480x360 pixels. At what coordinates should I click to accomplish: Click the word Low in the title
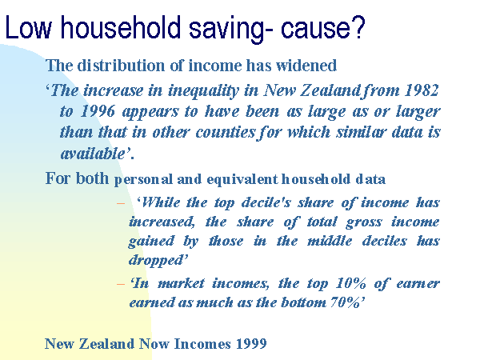click(28, 27)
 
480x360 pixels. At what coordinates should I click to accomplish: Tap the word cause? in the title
click(323, 27)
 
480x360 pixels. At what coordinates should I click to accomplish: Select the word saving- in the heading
click(230, 30)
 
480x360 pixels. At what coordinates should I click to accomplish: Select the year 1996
click(98, 111)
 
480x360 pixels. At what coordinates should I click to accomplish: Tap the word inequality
click(203, 91)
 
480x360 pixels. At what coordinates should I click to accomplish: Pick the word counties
click(225, 132)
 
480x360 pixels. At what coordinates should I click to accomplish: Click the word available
click(93, 153)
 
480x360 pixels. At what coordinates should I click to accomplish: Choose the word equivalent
click(242, 180)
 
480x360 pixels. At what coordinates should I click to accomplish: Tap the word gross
click(364, 222)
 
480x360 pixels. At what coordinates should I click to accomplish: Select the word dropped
click(156, 261)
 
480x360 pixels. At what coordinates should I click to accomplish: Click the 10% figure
click(351, 283)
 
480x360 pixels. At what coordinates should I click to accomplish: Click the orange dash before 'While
click(121, 203)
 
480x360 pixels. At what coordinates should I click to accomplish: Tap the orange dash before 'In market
click(121, 284)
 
